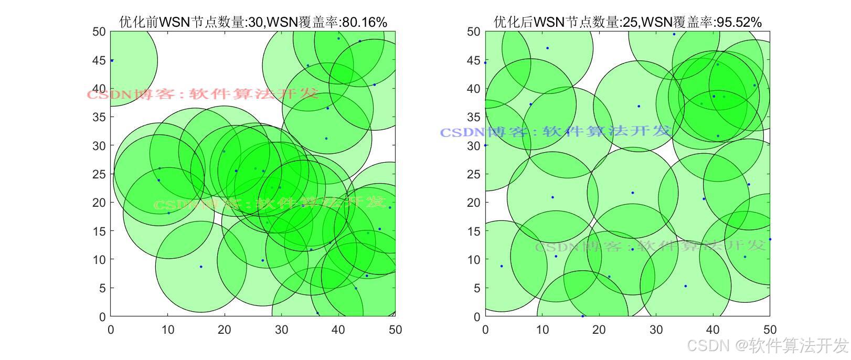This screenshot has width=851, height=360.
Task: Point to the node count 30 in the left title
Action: (x=257, y=22)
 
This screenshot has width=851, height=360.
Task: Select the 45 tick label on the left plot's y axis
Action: (x=99, y=60)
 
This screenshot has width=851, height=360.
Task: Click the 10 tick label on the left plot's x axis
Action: (x=167, y=330)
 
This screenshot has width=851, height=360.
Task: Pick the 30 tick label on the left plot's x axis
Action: (x=281, y=330)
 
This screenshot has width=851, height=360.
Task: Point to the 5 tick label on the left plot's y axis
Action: (x=102, y=288)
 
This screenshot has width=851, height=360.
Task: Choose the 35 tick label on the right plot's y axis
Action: (x=474, y=117)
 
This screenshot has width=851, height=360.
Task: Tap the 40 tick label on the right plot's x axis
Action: (x=713, y=330)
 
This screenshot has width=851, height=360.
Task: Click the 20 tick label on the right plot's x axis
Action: (x=599, y=330)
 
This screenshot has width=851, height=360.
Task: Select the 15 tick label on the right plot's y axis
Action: (x=474, y=231)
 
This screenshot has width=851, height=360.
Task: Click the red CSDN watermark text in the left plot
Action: (x=203, y=94)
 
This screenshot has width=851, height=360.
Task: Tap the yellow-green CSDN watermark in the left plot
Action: (x=270, y=204)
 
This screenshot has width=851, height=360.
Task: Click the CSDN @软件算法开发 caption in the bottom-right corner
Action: (x=768, y=346)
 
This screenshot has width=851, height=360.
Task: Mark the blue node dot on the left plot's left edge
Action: (x=112, y=60)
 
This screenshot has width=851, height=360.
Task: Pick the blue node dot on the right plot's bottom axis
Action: (x=583, y=316)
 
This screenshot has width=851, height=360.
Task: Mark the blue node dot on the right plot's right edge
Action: (x=770, y=239)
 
